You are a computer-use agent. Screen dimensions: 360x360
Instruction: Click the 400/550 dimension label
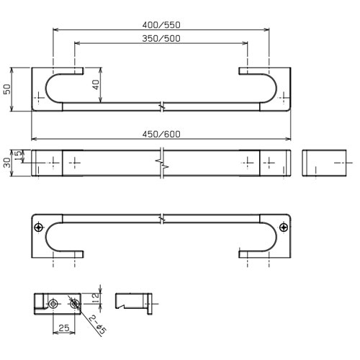tap(161, 25)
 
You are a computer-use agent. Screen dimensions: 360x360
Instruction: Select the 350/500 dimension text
tap(161, 38)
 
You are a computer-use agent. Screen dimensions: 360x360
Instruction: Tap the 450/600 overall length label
tap(161, 134)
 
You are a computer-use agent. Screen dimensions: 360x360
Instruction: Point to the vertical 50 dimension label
tap(7, 89)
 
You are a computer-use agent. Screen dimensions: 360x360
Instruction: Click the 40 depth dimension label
tap(96, 85)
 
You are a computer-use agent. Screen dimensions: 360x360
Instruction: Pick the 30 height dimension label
tap(7, 163)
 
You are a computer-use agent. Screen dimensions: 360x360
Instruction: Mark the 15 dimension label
tap(18, 156)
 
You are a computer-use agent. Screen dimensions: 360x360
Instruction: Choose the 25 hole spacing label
tap(64, 328)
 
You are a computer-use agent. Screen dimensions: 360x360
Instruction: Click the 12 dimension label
tap(95, 299)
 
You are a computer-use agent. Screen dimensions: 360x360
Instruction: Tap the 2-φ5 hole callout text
tap(98, 325)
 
